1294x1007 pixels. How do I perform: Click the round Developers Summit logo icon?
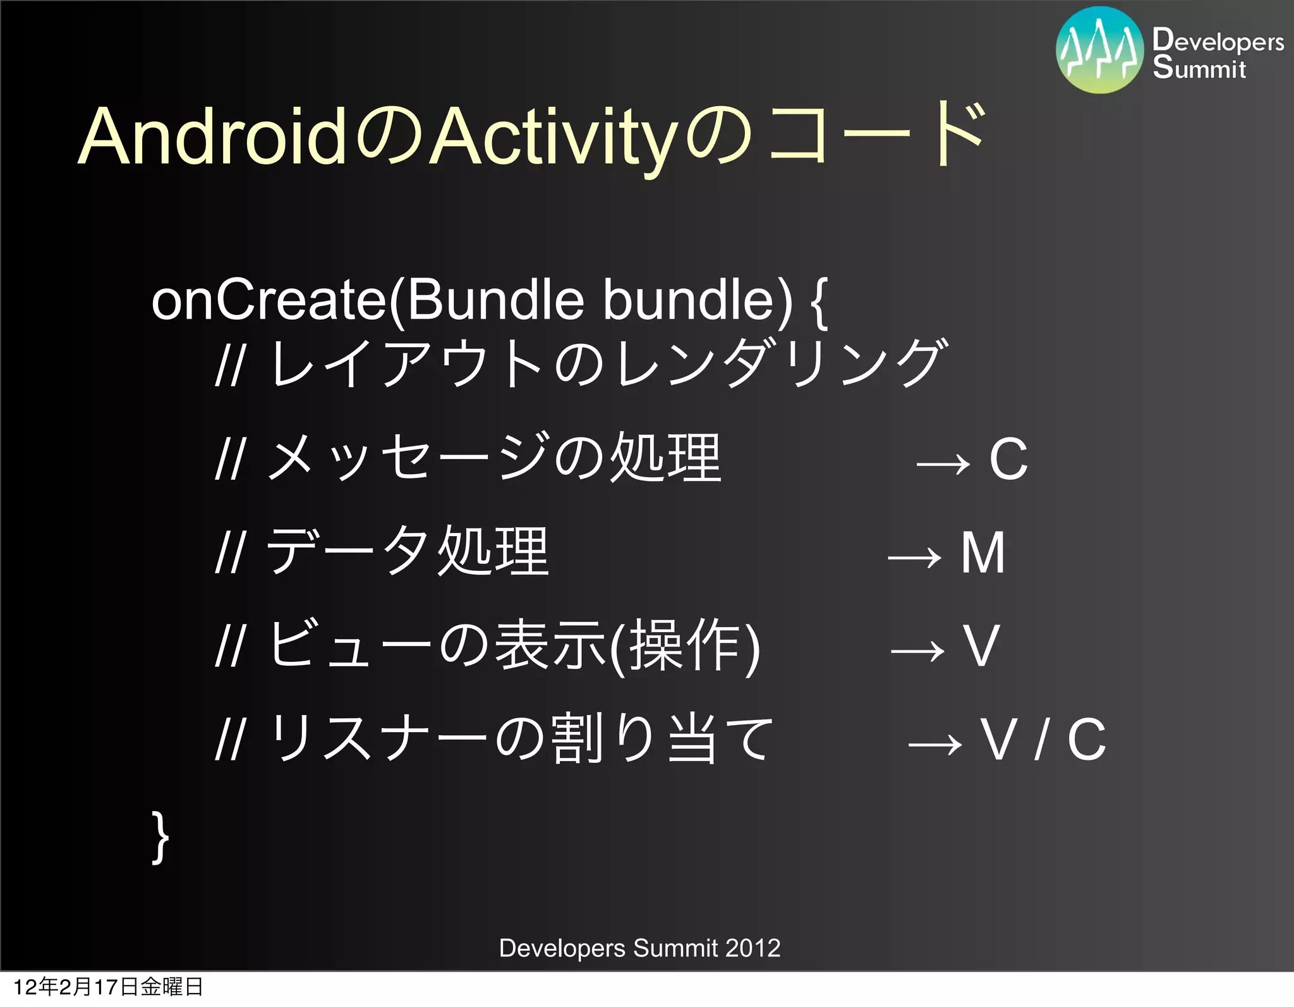pos(1099,51)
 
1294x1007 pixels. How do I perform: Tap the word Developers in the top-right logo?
pos(1218,41)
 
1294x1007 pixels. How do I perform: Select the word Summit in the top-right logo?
pos(1199,68)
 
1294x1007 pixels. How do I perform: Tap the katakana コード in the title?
pos(875,134)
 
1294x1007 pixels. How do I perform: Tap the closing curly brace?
pos(160,837)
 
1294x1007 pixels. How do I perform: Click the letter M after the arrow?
pos(983,553)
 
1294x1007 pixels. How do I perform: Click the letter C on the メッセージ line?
pos(1008,460)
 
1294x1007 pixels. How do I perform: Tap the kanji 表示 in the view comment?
pos(549,645)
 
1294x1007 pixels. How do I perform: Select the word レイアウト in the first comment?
pos(408,363)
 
